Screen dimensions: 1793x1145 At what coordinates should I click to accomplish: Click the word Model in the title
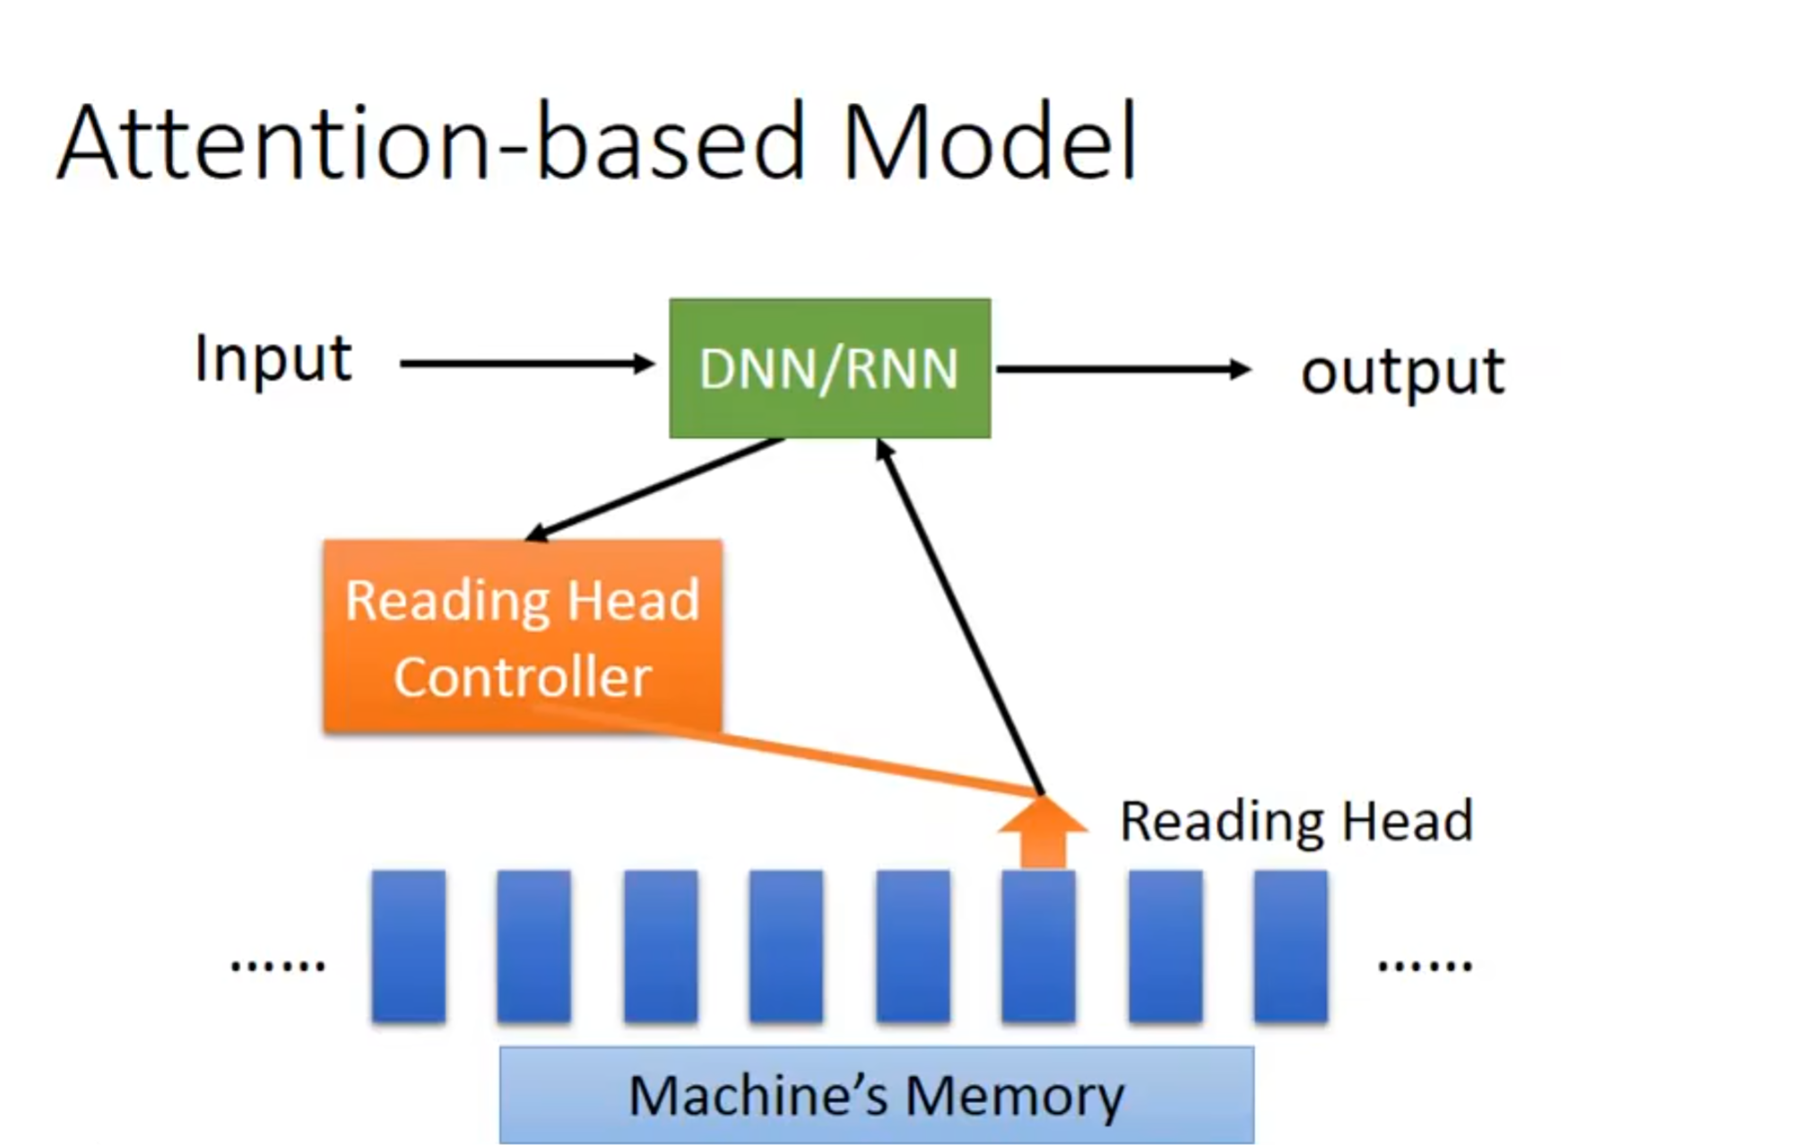[x=990, y=142]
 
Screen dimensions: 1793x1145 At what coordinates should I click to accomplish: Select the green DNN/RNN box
[x=830, y=369]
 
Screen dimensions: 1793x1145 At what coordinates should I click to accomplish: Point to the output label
[x=1403, y=372]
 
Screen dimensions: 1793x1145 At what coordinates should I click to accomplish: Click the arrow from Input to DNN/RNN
[x=527, y=364]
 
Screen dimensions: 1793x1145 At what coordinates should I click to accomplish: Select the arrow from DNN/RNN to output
[x=1124, y=369]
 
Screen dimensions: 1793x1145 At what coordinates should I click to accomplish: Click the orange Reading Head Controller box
[x=523, y=637]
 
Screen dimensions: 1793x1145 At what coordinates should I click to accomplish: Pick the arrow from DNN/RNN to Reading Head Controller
[x=654, y=490]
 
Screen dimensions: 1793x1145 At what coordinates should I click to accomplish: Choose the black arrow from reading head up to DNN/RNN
[x=959, y=617]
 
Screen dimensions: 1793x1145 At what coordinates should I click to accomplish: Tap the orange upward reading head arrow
[x=1043, y=832]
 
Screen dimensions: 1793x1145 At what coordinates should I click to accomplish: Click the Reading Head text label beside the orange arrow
[x=1296, y=821]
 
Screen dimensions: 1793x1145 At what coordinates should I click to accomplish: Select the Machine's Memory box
[x=877, y=1095]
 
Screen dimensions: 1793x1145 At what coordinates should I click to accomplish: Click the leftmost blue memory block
[x=409, y=946]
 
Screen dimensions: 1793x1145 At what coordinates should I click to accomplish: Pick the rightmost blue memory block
[x=1291, y=946]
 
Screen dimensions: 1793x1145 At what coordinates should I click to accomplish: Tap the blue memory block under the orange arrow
[x=1039, y=946]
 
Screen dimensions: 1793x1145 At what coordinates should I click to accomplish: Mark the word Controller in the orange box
[x=523, y=676]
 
